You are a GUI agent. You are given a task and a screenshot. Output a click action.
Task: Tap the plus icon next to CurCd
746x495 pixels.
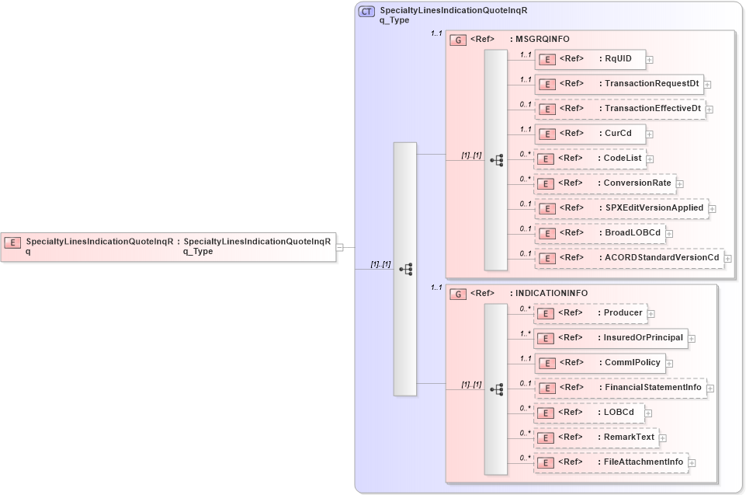pos(651,134)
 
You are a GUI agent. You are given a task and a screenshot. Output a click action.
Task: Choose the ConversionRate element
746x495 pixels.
pos(605,183)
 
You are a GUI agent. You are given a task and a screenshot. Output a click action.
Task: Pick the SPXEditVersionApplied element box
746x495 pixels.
pos(620,207)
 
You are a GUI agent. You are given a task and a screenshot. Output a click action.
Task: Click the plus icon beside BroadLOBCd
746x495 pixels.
pos(669,233)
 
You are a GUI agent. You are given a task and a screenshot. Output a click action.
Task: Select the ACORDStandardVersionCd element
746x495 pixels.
pos(629,257)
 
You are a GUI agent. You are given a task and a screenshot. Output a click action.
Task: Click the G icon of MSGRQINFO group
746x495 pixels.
pos(458,39)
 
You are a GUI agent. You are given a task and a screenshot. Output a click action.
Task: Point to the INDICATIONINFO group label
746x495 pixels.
pos(551,293)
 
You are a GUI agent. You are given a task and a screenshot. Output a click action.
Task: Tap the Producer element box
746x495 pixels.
pos(589,313)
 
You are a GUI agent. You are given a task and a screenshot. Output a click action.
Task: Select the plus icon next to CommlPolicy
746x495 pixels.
pos(669,363)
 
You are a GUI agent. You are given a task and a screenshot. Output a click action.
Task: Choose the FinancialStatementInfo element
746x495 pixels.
pos(620,387)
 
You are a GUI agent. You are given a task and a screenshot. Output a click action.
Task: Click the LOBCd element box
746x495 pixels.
pos(589,412)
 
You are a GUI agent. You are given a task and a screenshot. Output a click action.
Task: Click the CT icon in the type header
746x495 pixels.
pos(367,12)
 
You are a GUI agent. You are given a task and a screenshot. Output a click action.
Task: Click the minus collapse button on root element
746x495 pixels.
pos(340,246)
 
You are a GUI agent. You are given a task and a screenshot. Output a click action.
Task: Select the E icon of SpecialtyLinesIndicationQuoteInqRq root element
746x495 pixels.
pos(12,242)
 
